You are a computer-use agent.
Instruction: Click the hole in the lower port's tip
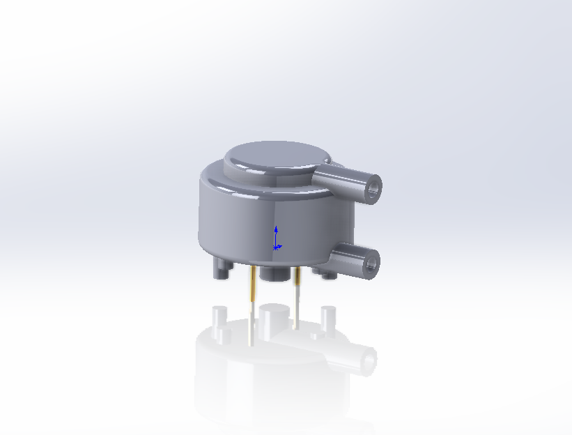[x=370, y=263]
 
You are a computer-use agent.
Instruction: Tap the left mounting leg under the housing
[x=222, y=268]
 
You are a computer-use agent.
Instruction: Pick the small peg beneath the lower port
[x=330, y=275]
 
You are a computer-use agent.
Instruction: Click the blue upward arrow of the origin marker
[x=277, y=231]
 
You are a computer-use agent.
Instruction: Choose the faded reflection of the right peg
[x=327, y=316]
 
